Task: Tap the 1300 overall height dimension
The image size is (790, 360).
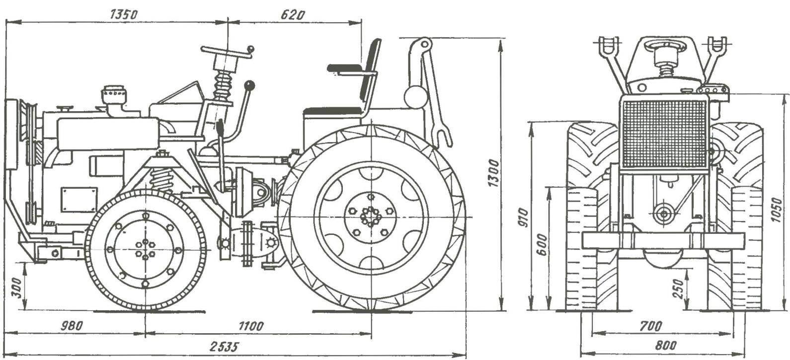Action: click(493, 173)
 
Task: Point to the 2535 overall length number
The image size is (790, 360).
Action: click(222, 346)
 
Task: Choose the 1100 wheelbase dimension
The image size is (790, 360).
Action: click(251, 326)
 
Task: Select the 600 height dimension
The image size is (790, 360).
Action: click(543, 244)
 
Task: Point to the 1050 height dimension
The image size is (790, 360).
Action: click(778, 214)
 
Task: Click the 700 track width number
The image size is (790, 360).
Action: click(651, 326)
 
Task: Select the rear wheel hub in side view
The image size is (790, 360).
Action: click(370, 217)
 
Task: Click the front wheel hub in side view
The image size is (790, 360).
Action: click(145, 250)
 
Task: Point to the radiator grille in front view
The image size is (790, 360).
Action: click(664, 133)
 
